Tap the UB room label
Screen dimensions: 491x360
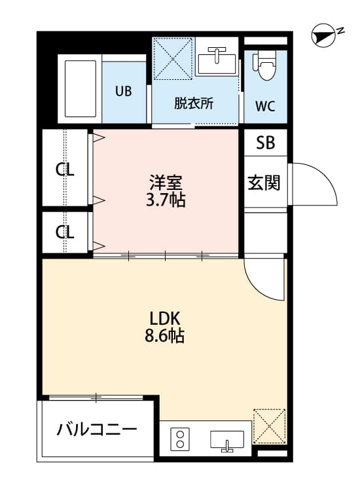123,91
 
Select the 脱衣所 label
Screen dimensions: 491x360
193,103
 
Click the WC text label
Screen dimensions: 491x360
265,105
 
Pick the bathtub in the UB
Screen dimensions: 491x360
79,89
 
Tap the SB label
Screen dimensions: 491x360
265,143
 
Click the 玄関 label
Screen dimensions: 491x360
264,182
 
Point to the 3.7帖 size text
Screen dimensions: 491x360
166,199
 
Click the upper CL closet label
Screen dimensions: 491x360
65,170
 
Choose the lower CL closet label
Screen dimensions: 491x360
65,232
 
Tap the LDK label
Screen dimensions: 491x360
165,319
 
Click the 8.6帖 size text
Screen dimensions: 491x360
165,336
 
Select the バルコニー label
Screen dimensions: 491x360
97,430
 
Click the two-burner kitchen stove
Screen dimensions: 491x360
179,439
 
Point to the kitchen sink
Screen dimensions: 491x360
226,441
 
